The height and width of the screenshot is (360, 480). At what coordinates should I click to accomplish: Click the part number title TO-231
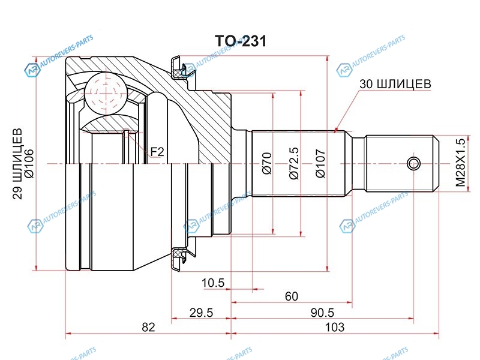coord(240,41)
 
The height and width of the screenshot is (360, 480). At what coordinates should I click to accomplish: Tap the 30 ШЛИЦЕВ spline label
coord(395,84)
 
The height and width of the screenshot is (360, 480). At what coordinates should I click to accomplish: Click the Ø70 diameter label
coord(268,163)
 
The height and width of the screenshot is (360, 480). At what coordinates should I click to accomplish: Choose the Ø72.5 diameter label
coord(293,163)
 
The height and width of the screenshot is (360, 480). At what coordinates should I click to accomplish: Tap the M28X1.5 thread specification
coord(461,163)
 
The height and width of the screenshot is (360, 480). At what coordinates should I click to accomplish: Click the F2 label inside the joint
coord(157,152)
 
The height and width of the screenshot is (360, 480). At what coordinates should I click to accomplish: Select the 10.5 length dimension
coord(213,283)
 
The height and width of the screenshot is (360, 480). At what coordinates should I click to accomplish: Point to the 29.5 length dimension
coord(202,313)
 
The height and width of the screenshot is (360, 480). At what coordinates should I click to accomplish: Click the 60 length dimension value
coord(292,297)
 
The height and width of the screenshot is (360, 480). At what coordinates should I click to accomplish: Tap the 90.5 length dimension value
coord(322,313)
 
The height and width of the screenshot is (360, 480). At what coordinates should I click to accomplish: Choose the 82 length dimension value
coord(148,328)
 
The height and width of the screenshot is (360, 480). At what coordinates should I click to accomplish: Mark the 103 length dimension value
coord(335,328)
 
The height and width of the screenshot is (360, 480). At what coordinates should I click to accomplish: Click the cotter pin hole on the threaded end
coord(413,163)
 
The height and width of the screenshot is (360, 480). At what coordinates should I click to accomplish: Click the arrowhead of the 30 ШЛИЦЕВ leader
coord(335,130)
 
